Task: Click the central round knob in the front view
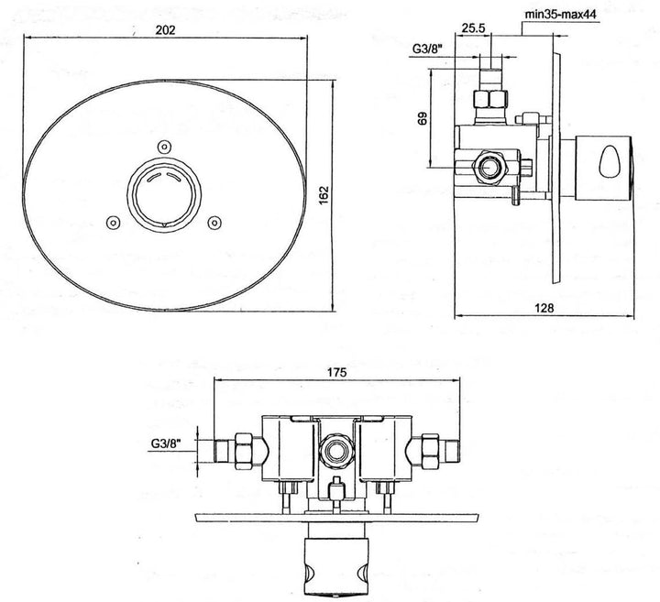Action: (x=163, y=192)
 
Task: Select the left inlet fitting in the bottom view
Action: (x=236, y=451)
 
